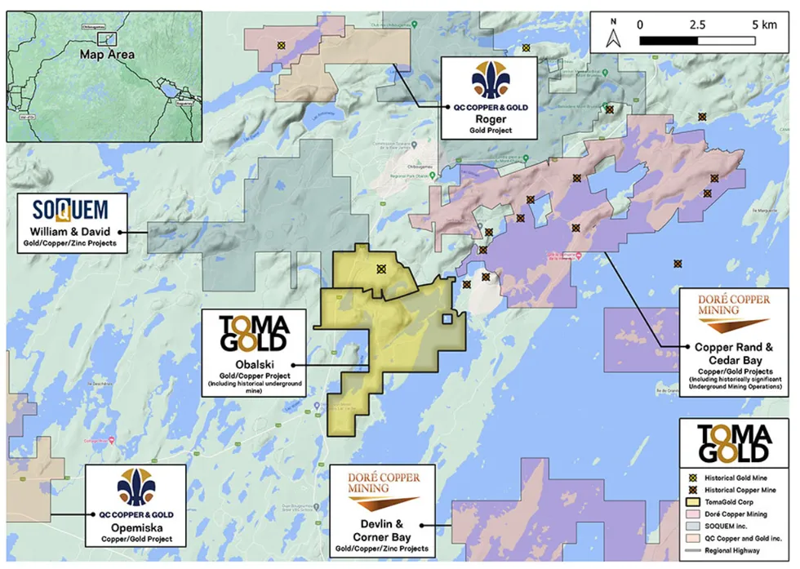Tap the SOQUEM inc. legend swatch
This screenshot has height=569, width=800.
(x=691, y=531)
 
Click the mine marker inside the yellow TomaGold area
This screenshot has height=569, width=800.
(x=380, y=269)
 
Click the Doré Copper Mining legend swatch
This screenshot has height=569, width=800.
(x=691, y=518)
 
